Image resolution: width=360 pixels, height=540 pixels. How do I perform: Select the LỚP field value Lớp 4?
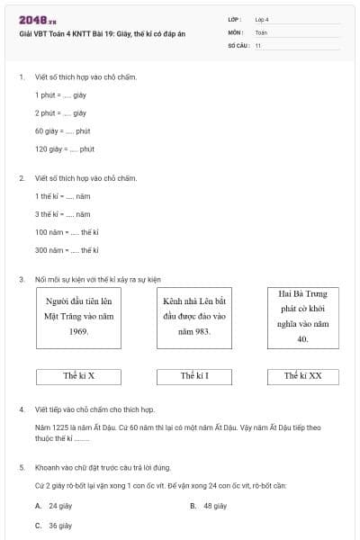(x=262, y=19)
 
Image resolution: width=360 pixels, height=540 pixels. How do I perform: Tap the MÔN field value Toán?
(x=261, y=31)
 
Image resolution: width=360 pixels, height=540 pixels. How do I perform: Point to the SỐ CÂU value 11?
(x=257, y=44)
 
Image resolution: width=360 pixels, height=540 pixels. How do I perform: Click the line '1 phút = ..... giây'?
(x=60, y=94)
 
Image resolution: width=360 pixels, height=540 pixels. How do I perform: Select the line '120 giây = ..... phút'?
(x=64, y=148)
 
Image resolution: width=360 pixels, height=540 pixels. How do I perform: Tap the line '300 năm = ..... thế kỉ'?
(x=67, y=249)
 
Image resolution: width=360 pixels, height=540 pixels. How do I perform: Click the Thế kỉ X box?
(x=79, y=375)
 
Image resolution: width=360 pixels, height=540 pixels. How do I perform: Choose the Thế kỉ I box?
(x=193, y=375)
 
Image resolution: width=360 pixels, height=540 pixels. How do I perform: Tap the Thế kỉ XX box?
(x=302, y=375)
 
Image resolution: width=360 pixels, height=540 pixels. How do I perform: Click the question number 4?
(x=22, y=409)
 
